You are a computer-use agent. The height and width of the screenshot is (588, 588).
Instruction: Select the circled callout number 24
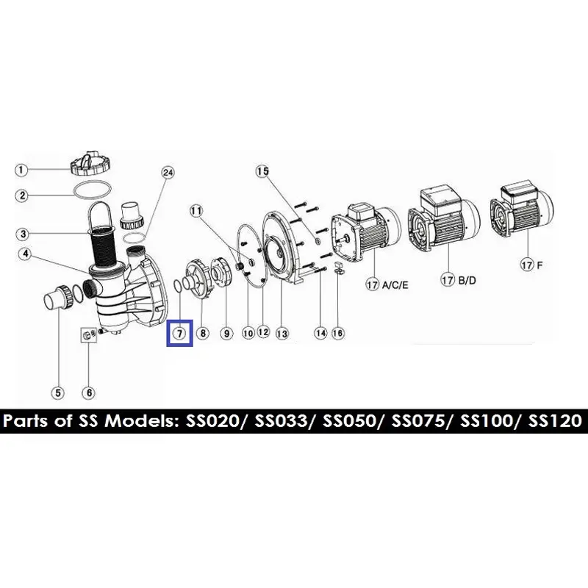[168, 173]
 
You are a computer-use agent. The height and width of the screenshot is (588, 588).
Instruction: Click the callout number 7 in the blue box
[179, 333]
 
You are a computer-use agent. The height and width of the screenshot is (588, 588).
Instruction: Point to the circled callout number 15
[263, 171]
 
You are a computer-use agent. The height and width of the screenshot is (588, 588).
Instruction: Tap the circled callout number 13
[282, 334]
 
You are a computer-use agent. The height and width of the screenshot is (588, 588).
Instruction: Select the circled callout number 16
[338, 334]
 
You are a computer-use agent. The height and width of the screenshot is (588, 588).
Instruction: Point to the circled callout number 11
[196, 210]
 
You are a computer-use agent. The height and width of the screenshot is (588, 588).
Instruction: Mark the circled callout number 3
[23, 234]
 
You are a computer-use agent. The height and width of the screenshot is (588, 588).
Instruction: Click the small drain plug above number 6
[87, 335]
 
